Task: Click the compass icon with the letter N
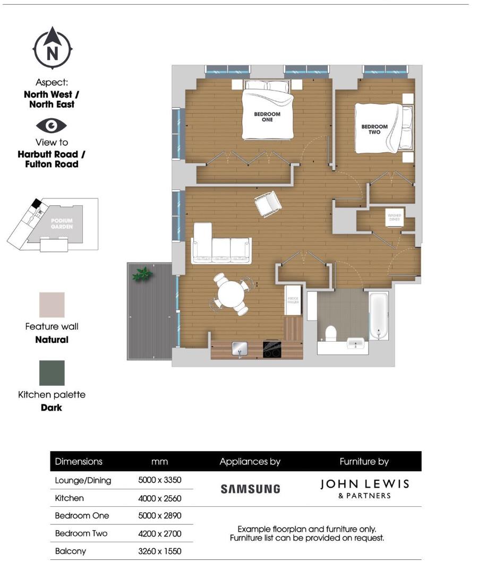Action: [x=52, y=48]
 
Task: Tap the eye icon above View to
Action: [x=52, y=125]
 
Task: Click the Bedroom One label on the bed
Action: [x=267, y=117]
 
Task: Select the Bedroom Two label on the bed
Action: [x=374, y=129]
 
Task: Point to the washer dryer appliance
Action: [x=395, y=217]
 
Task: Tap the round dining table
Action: [x=231, y=294]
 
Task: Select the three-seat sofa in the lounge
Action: [x=221, y=245]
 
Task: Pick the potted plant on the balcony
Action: [x=142, y=274]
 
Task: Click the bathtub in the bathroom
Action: [x=378, y=315]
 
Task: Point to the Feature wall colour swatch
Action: [x=52, y=305]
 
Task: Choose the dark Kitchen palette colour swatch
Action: [x=52, y=373]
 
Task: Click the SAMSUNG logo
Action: [x=250, y=489]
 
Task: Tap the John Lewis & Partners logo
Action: [x=364, y=488]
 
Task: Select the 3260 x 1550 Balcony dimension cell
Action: [x=160, y=551]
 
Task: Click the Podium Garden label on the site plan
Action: [x=62, y=223]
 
